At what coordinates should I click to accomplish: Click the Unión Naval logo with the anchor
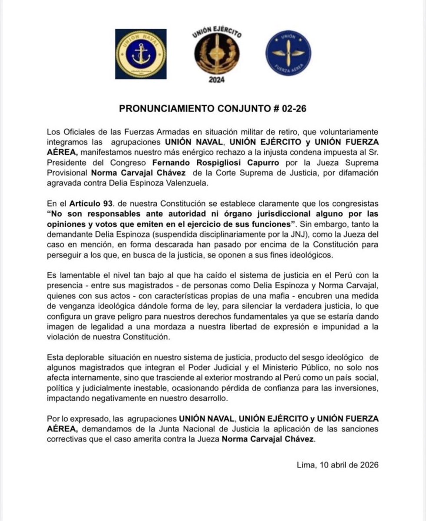tap(141, 54)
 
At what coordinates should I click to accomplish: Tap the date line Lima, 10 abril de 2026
tap(337, 464)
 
